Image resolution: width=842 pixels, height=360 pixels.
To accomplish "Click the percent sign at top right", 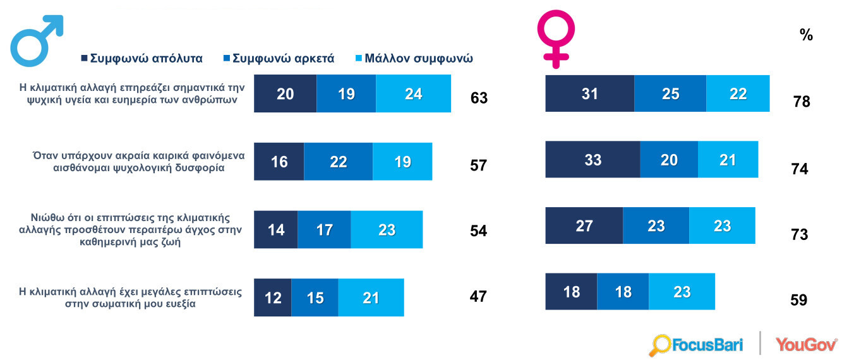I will click(x=806, y=35).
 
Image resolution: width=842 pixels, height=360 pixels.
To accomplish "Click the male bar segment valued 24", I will click(x=413, y=93).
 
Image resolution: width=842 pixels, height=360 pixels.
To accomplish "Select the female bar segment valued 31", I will click(x=589, y=93).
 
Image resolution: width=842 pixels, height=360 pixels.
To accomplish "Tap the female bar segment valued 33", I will click(x=592, y=160).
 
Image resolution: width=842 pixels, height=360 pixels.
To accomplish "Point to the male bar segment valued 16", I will click(x=279, y=161).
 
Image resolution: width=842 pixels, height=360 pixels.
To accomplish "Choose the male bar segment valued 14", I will click(x=276, y=229).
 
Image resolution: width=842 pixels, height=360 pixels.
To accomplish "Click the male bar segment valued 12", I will click(x=273, y=297).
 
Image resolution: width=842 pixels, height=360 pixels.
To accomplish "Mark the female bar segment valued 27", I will click(x=584, y=225).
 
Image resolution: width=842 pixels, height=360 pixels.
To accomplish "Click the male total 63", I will click(x=479, y=98).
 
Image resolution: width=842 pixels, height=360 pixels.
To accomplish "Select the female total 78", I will click(x=801, y=101).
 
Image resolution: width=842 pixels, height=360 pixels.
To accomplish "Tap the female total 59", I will click(x=799, y=299).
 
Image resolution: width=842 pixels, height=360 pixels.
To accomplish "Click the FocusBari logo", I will click(x=697, y=345).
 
